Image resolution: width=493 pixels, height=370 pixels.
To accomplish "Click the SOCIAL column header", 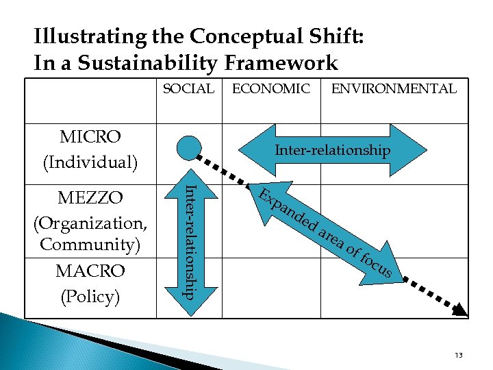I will [188, 88].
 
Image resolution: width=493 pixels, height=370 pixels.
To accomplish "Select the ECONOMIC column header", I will [271, 88].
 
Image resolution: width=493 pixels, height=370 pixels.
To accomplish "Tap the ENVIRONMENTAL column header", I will [394, 88].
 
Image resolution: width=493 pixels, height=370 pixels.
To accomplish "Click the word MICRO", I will [90, 136].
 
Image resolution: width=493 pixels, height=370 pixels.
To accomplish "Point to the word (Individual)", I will [90, 162].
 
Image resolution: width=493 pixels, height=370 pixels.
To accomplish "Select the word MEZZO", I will [90, 198].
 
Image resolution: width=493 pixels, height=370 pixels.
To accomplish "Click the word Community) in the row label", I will [90, 244].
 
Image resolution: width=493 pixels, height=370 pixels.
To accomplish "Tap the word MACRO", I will [90, 271].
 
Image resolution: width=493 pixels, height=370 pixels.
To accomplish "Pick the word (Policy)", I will [90, 296].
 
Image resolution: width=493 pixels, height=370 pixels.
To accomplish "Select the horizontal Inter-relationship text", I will [332, 150].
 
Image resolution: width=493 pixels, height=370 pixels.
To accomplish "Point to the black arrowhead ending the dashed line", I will [460, 309].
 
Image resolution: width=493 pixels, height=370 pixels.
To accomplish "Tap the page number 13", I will [458, 355].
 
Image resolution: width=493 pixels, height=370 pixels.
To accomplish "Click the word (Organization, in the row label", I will [90, 222].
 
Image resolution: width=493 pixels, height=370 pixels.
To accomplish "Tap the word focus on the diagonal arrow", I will [376, 266].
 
